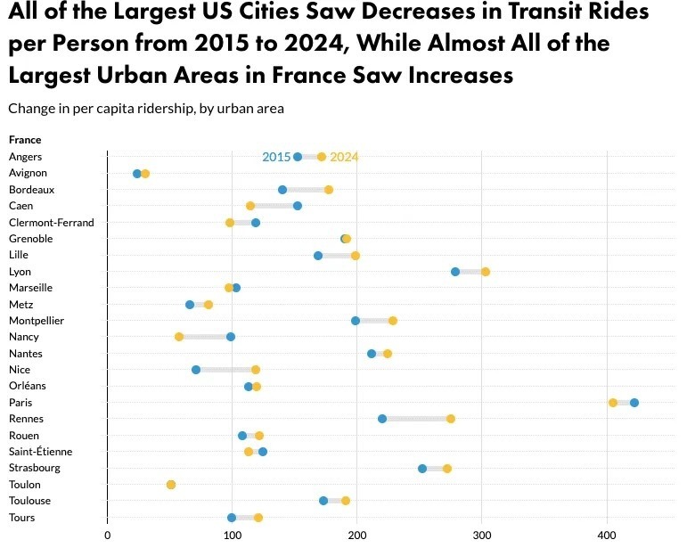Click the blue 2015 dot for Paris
634,403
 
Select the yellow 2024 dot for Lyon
486,272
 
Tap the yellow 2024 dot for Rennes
451,419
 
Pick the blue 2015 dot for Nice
196,370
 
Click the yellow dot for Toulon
171,485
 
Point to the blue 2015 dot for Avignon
137,174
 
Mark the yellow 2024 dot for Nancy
179,337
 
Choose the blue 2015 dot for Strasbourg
422,469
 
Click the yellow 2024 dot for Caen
250,207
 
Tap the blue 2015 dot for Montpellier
356,321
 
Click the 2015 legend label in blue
275,158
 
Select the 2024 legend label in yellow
344,158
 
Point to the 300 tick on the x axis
482,536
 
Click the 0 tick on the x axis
108,536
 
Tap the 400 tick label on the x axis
607,536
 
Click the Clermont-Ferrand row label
51,223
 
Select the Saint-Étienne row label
41,452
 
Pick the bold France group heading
25,140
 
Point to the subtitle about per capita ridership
146,109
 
